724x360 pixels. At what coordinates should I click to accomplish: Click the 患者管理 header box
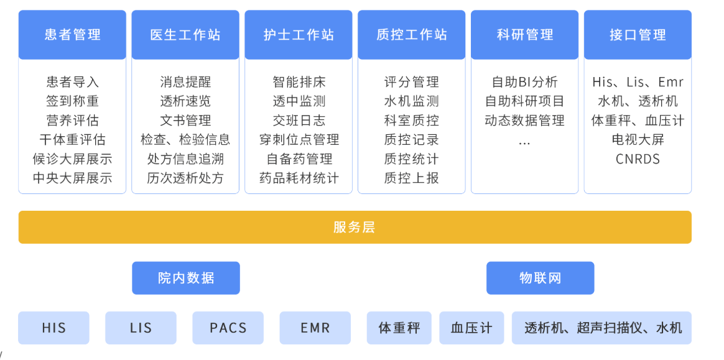tap(72, 35)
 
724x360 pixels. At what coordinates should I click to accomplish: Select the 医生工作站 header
tap(185, 35)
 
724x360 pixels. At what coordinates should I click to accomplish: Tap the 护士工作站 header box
tap(299, 35)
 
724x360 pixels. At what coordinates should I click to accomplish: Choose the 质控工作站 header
tap(411, 35)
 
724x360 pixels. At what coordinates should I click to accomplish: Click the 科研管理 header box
tap(524, 35)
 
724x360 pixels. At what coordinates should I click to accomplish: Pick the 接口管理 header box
tap(638, 35)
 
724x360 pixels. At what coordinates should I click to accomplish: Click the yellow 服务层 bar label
tap(354, 227)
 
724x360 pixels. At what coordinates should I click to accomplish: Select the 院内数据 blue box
tap(186, 278)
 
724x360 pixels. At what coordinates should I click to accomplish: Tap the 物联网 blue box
tap(541, 278)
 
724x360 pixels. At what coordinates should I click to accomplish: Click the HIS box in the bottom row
tap(53, 328)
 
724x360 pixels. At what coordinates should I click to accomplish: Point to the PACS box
tap(228, 328)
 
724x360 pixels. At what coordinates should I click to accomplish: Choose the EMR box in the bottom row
tap(315, 328)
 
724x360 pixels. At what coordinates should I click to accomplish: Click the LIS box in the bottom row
tap(141, 328)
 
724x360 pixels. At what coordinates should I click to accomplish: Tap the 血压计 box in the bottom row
tap(471, 328)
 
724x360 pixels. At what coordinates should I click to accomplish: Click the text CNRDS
tap(638, 159)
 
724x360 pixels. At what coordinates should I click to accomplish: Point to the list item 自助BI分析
tap(524, 82)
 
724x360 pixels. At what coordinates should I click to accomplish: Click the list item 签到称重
tap(72, 101)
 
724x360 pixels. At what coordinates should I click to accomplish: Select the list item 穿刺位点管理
tap(299, 139)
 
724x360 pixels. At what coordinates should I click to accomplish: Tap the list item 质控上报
tap(411, 178)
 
